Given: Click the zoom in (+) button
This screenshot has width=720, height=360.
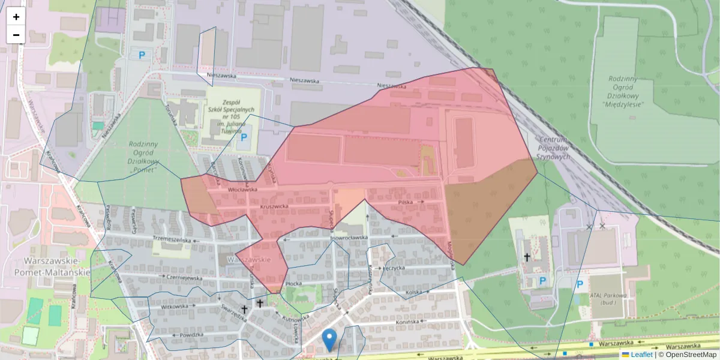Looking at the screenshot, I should tap(16, 17).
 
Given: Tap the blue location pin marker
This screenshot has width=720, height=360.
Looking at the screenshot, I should tap(329, 340).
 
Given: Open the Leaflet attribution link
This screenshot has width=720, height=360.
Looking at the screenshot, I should tap(640, 355).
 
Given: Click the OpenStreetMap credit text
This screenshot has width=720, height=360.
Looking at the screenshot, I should tap(690, 355).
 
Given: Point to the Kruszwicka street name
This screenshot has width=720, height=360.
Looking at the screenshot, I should tap(274, 206).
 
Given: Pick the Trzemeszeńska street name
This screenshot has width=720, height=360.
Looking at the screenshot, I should tap(172, 239).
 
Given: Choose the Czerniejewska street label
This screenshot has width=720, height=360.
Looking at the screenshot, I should tap(184, 278).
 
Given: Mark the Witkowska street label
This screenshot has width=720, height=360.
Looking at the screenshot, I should tap(175, 306).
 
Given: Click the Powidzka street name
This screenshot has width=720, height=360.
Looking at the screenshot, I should tap(191, 335).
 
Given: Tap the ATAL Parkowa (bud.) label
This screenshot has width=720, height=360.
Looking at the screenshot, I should tap(608, 299).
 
